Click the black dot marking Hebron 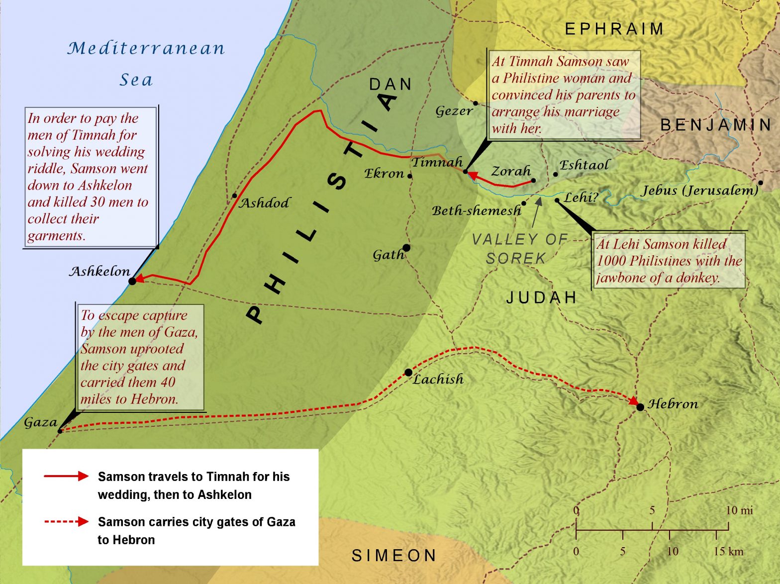pyautogui.click(x=640, y=407)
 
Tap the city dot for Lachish pyautogui.click(x=408, y=372)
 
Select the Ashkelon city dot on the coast pyautogui.click(x=132, y=281)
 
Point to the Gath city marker pyautogui.click(x=406, y=248)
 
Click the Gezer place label pyautogui.click(x=454, y=111)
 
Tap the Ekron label pyautogui.click(x=384, y=174)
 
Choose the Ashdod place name pyautogui.click(x=265, y=203)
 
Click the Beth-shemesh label pyautogui.click(x=476, y=211)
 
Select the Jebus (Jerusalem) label pyautogui.click(x=700, y=191)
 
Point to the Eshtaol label pyautogui.click(x=584, y=165)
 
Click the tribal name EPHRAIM pyautogui.click(x=614, y=29)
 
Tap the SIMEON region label pyautogui.click(x=394, y=556)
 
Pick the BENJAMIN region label pyautogui.click(x=716, y=125)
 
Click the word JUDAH pyautogui.click(x=542, y=297)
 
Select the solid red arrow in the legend pyautogui.click(x=66, y=476)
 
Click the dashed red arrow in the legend pyautogui.click(x=66, y=521)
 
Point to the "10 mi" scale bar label pyautogui.click(x=739, y=510)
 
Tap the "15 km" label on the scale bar pyautogui.click(x=729, y=551)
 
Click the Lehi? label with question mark pyautogui.click(x=581, y=197)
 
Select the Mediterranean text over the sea pyautogui.click(x=146, y=48)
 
